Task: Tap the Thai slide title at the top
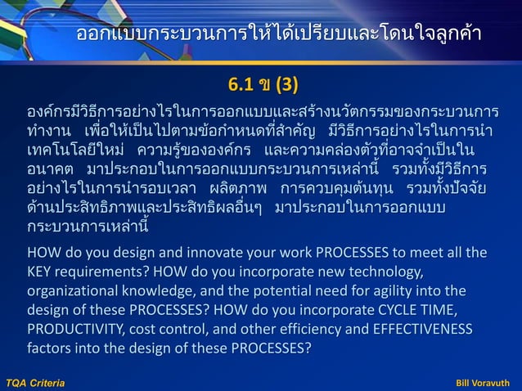278,34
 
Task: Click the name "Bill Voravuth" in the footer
484,382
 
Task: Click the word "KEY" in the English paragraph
41,271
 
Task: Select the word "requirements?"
101,271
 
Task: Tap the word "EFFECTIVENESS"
422,330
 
